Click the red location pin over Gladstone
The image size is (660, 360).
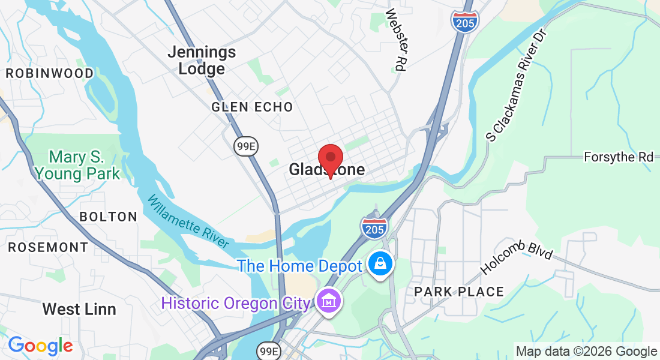pos(330,158)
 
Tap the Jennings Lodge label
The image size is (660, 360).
pos(201,61)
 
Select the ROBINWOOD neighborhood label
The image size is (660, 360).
pos(50,73)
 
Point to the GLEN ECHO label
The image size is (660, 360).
pos(252,107)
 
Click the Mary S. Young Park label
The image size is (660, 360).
pos(77,166)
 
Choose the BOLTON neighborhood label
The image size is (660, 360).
pos(109,216)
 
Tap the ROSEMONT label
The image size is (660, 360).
pos(48,247)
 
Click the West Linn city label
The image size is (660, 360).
pos(79,310)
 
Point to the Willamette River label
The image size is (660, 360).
pos(188,221)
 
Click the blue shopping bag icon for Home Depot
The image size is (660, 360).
pos(380,263)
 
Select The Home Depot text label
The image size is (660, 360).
pos(299,266)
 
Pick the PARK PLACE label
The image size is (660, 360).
pos(459,292)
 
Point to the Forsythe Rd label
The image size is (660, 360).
pos(619,157)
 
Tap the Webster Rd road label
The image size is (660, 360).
pos(397,40)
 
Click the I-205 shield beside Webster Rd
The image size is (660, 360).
pos(465,20)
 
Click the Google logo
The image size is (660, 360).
pos(40,346)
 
